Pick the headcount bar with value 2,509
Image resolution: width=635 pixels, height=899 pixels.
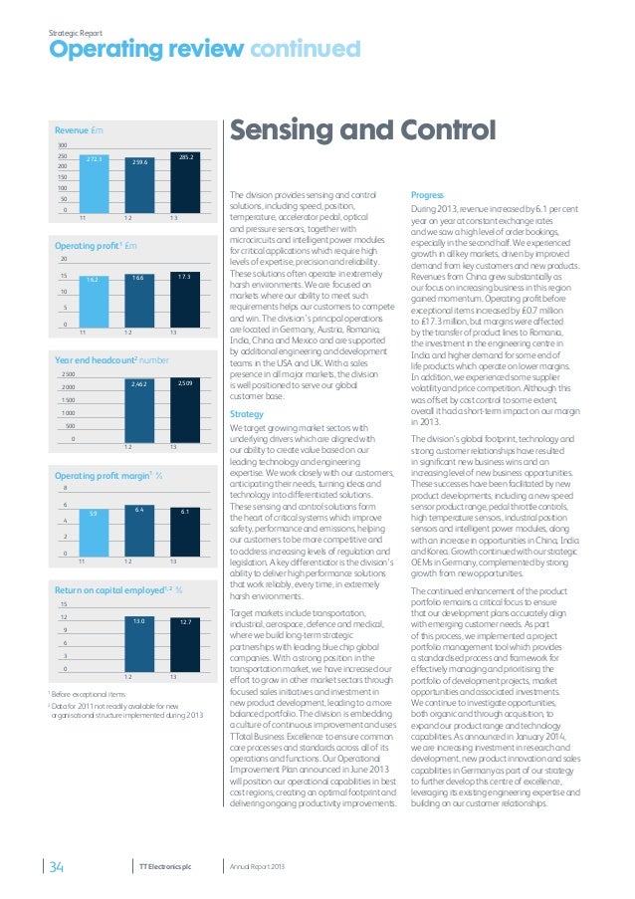pos(184,407)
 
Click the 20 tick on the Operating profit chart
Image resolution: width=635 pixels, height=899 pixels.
pos(63,259)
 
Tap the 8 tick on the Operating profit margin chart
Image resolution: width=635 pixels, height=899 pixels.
pos(65,488)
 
